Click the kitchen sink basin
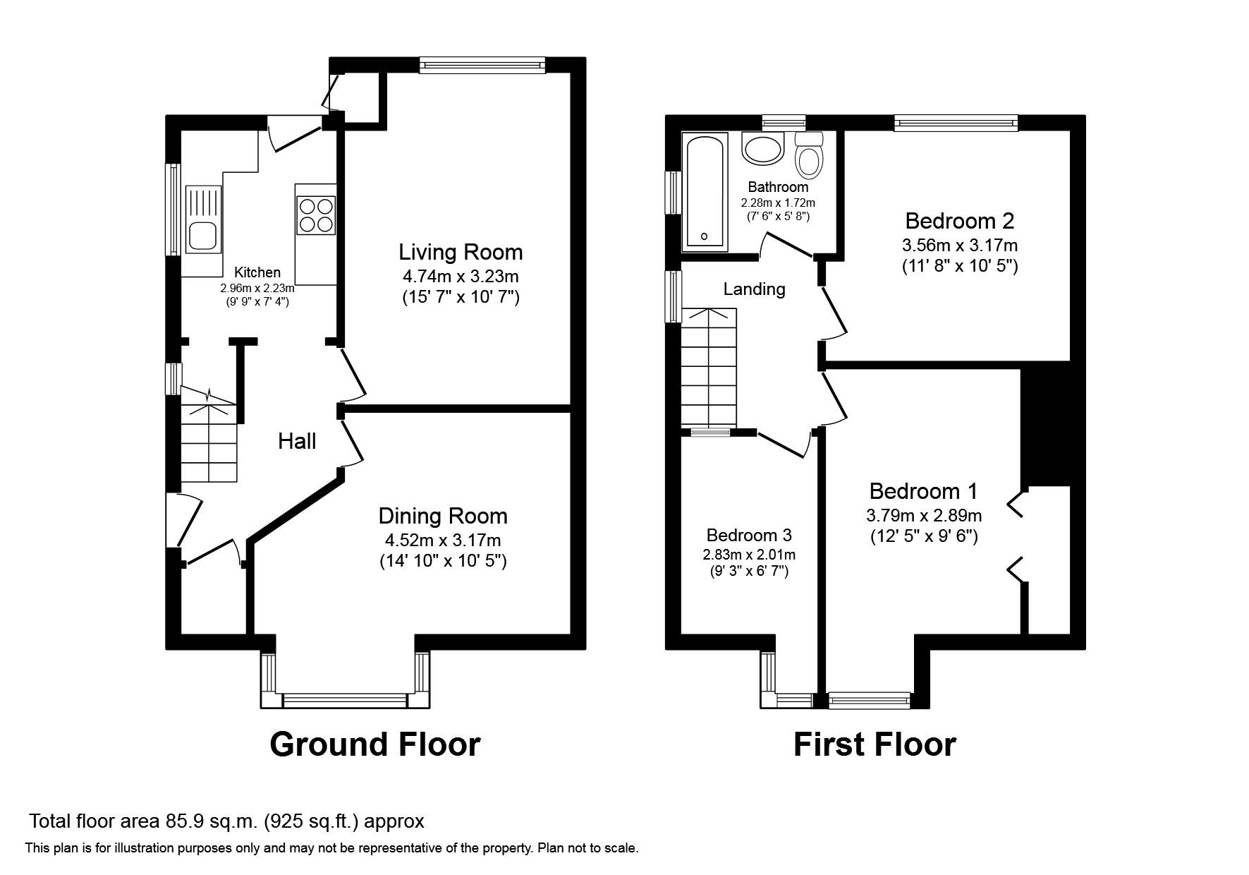click(x=202, y=236)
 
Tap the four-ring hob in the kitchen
click(x=315, y=215)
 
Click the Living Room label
click(x=461, y=252)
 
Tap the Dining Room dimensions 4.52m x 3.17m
click(x=442, y=541)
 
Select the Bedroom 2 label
click(x=959, y=221)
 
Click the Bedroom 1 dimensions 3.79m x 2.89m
click(x=924, y=516)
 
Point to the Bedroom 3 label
click(x=749, y=535)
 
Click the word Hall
click(x=296, y=442)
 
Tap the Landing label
click(x=754, y=289)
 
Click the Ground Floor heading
click(x=374, y=744)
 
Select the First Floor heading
click(x=875, y=744)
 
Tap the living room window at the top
click(x=482, y=65)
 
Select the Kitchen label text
click(x=257, y=272)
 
